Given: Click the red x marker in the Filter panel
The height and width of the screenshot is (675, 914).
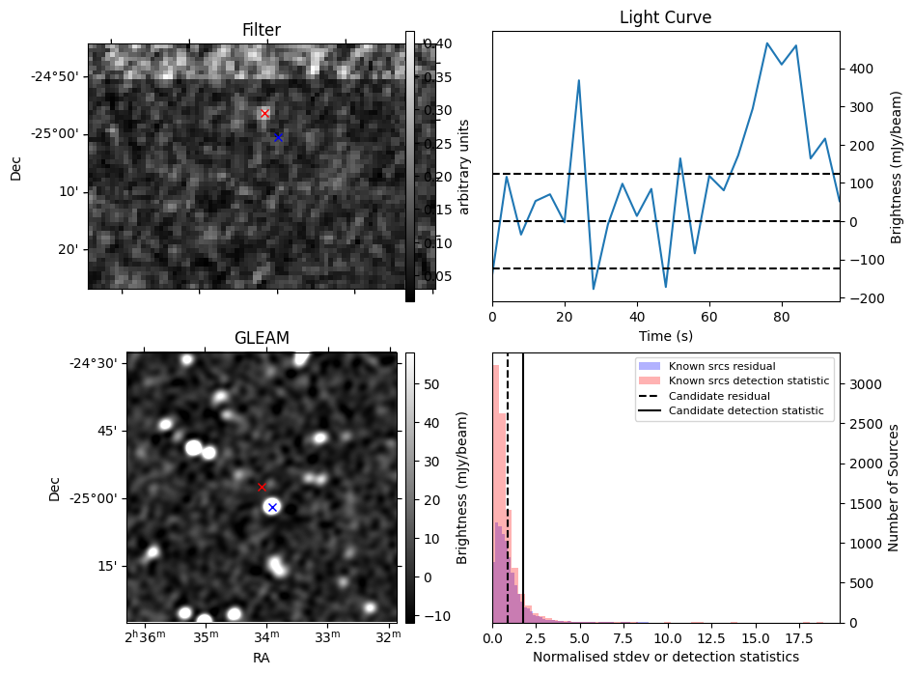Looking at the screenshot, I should click(x=265, y=114).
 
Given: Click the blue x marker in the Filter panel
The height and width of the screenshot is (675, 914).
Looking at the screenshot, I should click(x=278, y=137).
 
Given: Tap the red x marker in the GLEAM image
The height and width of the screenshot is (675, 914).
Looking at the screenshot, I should click(x=262, y=487).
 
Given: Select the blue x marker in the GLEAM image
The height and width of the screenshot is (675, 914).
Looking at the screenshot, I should click(x=272, y=507).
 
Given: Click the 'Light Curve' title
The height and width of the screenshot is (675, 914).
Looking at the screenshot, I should click(x=665, y=18).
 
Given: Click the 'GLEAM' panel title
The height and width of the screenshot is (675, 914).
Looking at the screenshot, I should click(x=262, y=338).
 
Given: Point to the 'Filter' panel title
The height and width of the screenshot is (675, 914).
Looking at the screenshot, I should click(x=262, y=31).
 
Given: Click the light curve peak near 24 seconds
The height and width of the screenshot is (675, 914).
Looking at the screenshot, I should click(x=579, y=80).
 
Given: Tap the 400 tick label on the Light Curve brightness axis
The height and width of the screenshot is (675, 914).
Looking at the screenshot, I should click(x=859, y=69).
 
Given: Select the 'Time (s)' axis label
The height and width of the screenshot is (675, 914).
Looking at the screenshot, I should click(x=665, y=336).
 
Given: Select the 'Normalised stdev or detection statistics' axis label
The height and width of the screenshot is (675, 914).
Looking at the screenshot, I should click(x=665, y=657).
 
